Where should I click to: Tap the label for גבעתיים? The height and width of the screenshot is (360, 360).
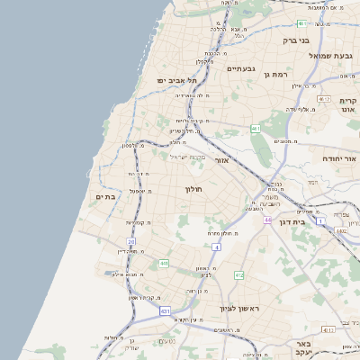241,68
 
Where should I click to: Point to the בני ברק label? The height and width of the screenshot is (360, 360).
295,40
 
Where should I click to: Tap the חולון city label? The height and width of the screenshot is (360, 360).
194,189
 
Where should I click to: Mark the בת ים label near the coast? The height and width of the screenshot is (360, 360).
106,196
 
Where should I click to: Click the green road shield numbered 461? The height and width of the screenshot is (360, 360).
256,129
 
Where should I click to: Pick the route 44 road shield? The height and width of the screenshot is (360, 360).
267,220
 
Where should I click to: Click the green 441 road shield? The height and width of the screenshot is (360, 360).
163,263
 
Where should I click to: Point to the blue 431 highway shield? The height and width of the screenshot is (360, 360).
165,310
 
